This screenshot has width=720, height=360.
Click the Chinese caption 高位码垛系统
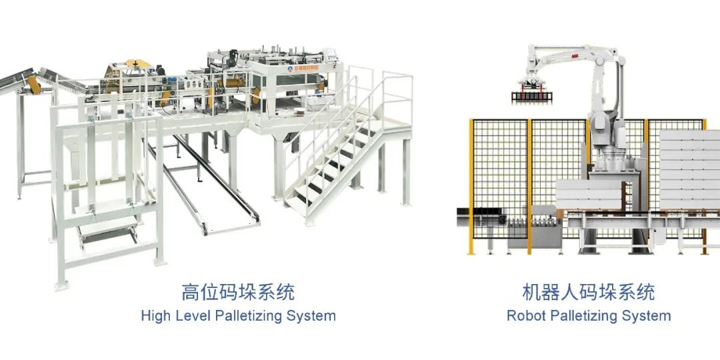point(238,292)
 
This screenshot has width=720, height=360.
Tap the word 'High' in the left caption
point(155,315)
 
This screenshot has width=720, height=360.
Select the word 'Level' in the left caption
point(193,315)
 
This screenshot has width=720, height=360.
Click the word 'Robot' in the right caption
point(526,315)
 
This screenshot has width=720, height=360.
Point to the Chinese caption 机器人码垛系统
point(589,292)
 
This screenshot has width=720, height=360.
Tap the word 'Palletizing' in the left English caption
point(249,315)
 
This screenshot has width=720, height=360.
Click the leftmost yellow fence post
point(471,187)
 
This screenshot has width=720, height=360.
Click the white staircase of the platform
point(333,167)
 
